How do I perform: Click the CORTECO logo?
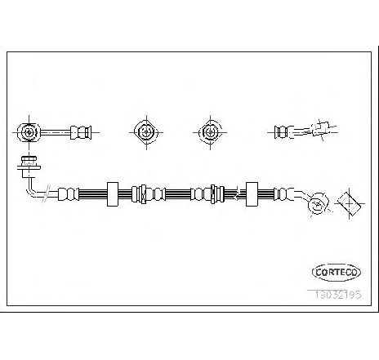[x=337, y=272]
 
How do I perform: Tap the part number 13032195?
[x=338, y=294]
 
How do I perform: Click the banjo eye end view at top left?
[x=29, y=132]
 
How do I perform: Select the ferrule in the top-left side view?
[x=81, y=132]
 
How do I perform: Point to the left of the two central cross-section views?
[x=146, y=132]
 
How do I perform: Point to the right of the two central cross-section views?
[x=210, y=132]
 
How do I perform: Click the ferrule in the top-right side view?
[x=283, y=132]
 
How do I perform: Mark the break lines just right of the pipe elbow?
[x=47, y=193]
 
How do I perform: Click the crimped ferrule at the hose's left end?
[x=69, y=194]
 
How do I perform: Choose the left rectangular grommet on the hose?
[x=113, y=194]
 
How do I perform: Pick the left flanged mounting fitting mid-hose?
[x=142, y=194]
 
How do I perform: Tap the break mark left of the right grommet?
[x=237, y=194]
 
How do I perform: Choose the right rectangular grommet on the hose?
[x=252, y=194]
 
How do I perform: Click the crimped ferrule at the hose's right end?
[x=283, y=194]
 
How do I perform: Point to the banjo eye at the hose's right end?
[x=318, y=204]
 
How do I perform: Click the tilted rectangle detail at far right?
[x=350, y=204]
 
